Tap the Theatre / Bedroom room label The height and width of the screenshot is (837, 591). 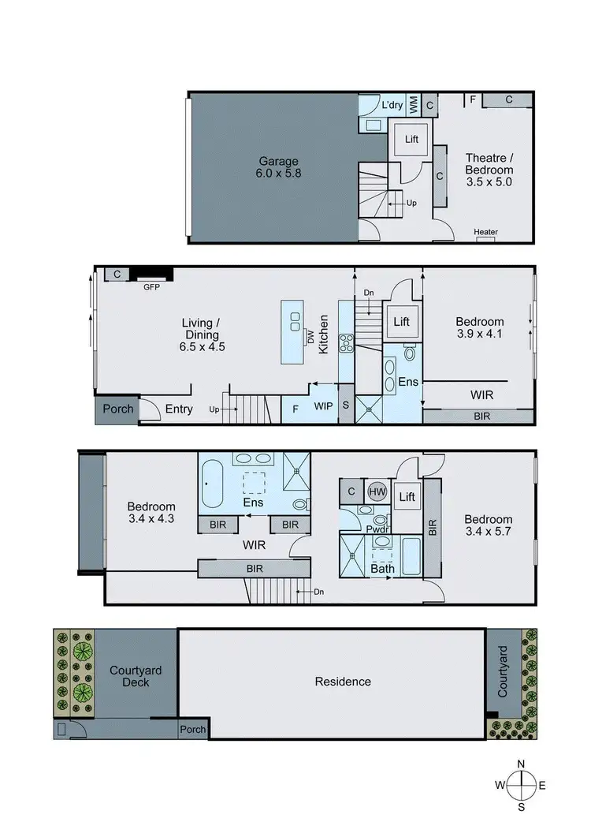coord(489,170)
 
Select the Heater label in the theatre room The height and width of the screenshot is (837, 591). coord(485,232)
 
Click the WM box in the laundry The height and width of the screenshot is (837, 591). coord(414,105)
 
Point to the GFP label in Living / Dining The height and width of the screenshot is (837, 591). coord(151,287)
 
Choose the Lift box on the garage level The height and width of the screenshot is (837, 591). coord(411,139)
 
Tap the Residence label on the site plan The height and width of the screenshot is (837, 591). coord(342,682)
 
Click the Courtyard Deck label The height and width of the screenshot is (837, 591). coord(136,676)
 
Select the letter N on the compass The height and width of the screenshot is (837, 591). coord(521,764)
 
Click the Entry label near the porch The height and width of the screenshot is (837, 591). coord(179,409)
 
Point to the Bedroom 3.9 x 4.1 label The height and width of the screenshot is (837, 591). coord(479,327)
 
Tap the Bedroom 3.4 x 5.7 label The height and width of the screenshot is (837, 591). coord(488,525)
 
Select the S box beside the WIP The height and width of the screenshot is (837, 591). coord(345,409)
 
